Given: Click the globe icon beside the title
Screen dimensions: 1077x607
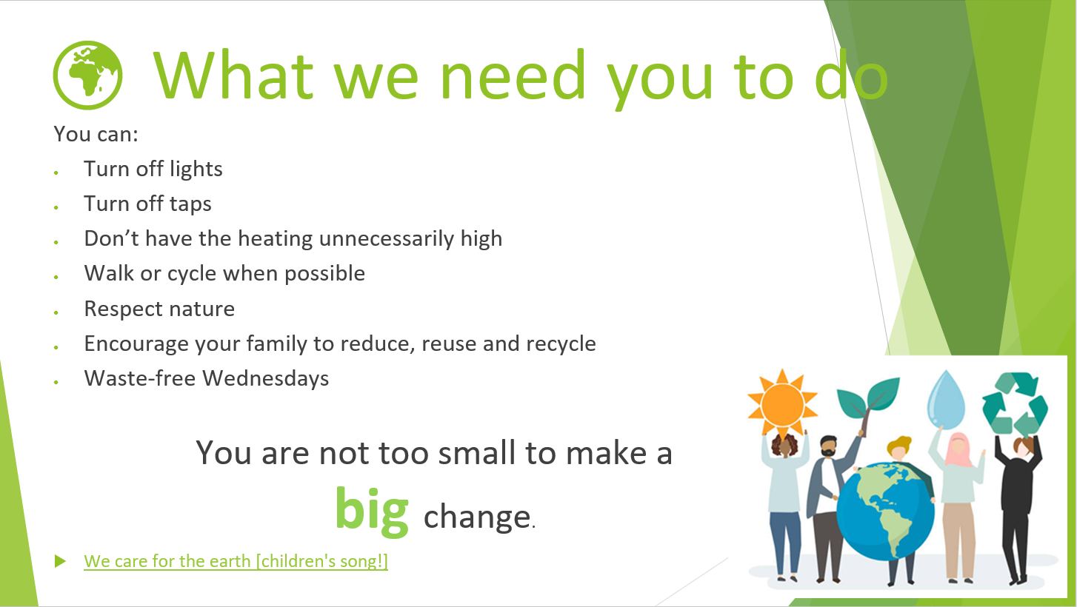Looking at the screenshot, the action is tap(87, 75).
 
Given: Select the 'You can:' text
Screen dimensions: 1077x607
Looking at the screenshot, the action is tap(96, 133).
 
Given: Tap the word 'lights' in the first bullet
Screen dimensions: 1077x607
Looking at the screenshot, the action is tap(196, 170).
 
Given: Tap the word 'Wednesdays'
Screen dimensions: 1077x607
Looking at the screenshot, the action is tap(266, 378).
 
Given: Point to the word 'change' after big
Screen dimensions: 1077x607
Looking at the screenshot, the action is tap(477, 517).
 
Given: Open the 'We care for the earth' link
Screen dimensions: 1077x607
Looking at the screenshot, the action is tap(236, 561).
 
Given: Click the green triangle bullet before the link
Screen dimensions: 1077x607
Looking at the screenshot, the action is tap(60, 561).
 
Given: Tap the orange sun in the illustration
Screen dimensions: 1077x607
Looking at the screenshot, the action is tap(782, 403).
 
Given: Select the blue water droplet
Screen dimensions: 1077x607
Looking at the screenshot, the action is tap(946, 400).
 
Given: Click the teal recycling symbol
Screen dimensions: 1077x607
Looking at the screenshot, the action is tap(1015, 403).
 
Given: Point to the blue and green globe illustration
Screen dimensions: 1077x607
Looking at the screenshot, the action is tap(886, 512).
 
